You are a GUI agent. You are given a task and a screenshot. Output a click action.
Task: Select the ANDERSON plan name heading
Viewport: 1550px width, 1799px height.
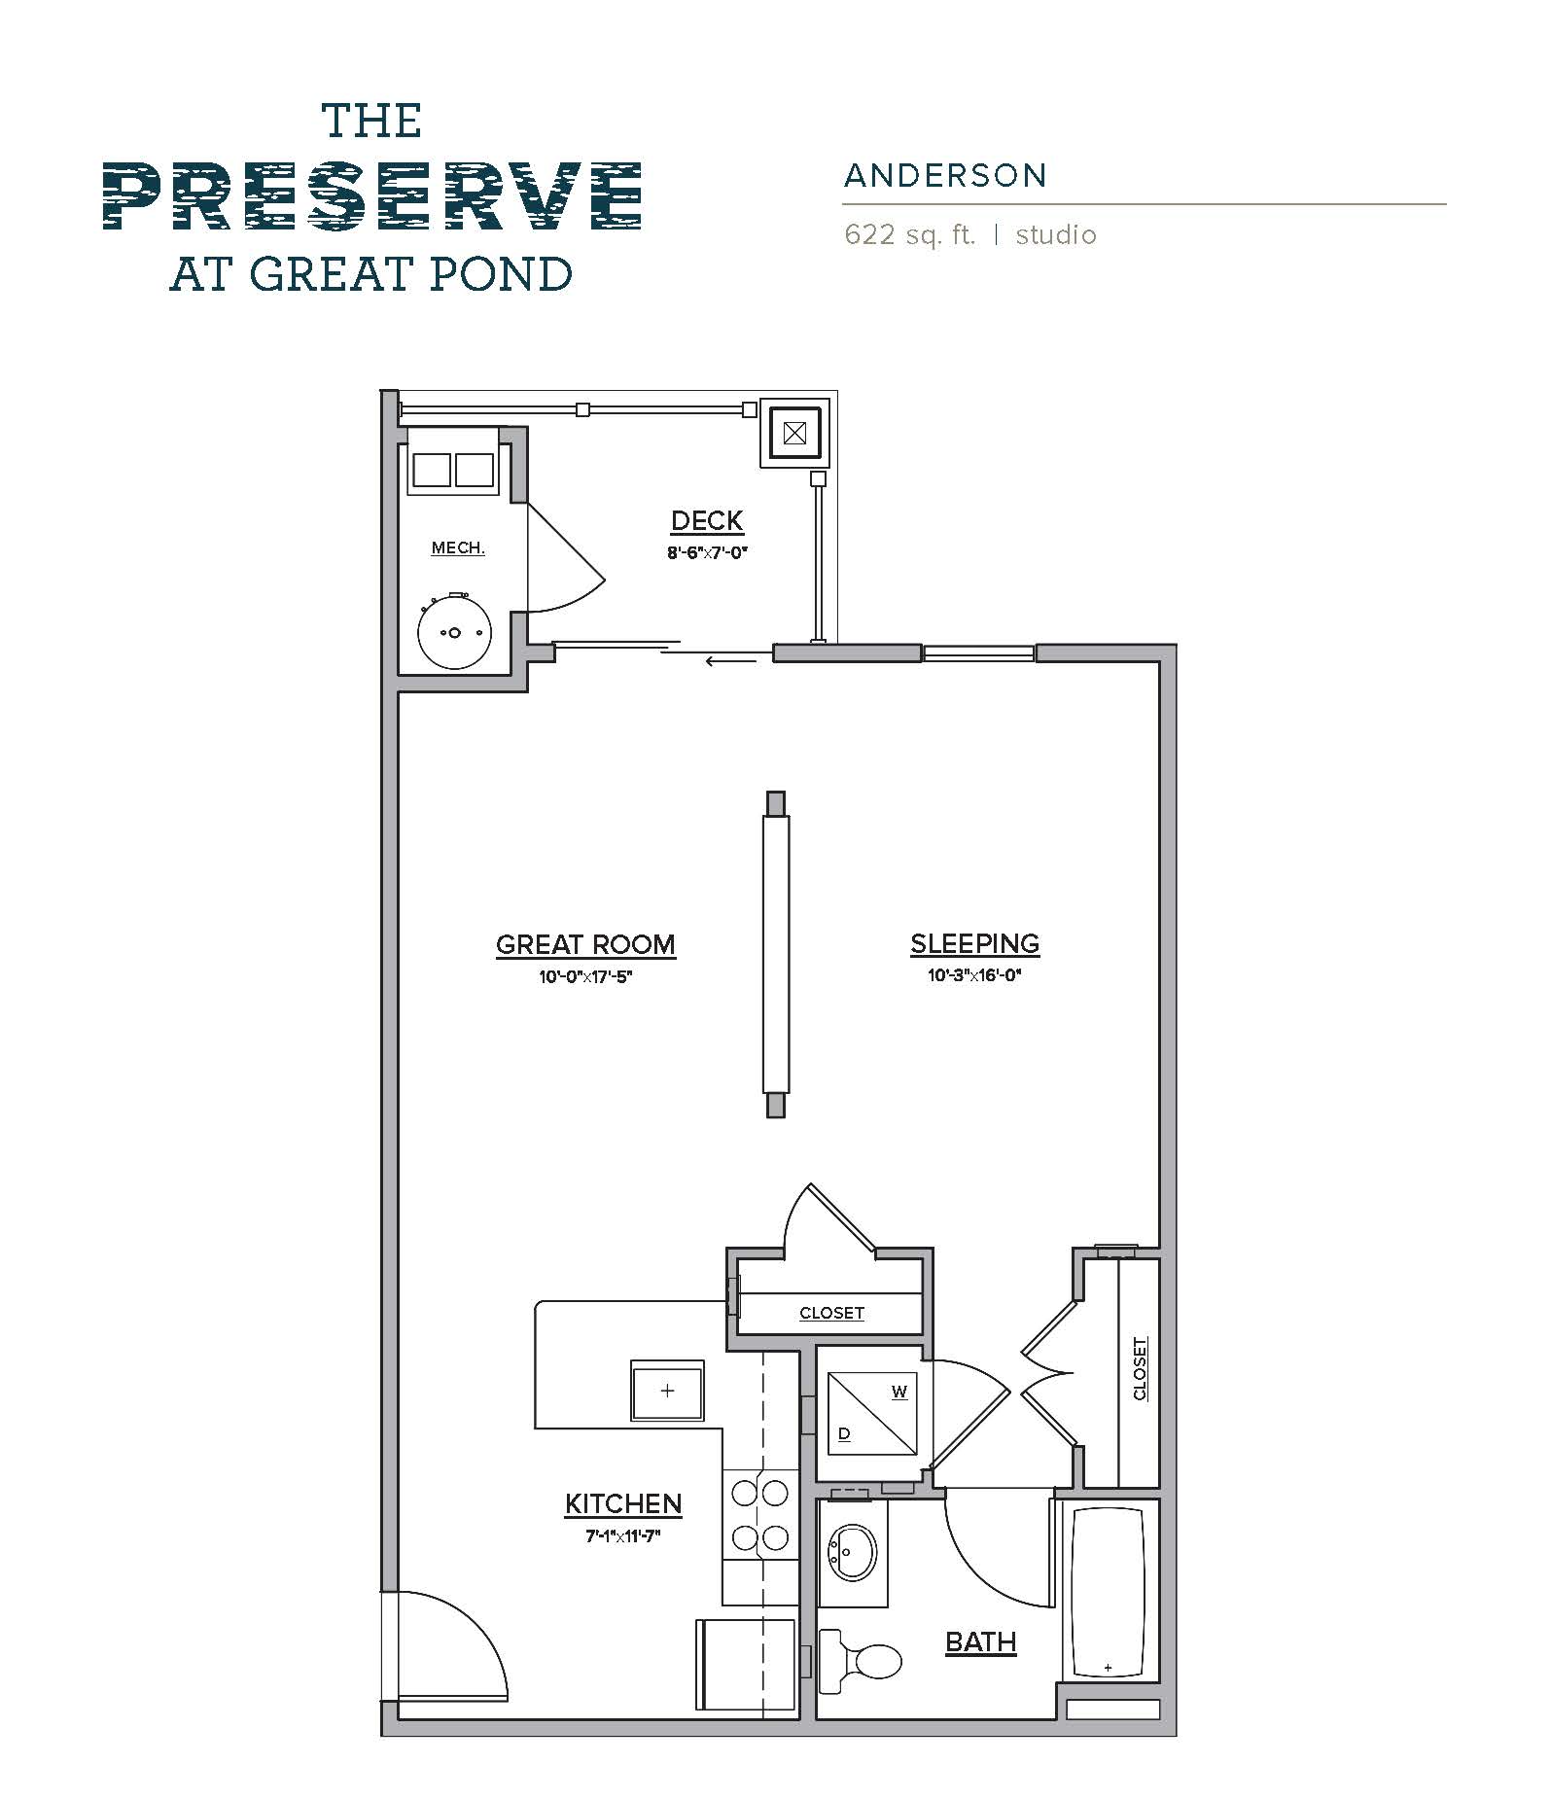[x=945, y=176]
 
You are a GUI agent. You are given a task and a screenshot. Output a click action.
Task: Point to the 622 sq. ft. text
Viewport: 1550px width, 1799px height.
[x=909, y=235]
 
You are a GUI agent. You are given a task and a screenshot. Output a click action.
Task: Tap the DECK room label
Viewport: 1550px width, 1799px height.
[x=707, y=521]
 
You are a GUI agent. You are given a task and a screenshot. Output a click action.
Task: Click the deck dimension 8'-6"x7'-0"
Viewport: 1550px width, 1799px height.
[x=707, y=553]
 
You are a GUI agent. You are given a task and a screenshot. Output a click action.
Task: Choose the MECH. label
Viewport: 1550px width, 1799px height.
[x=458, y=548]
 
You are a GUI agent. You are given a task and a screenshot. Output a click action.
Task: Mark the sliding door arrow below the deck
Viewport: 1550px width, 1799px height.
[x=730, y=662]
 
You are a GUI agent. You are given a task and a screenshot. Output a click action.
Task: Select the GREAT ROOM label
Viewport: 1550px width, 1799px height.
[x=585, y=945]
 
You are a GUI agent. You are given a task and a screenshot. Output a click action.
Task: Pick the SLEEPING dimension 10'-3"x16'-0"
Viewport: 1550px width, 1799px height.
[x=974, y=975]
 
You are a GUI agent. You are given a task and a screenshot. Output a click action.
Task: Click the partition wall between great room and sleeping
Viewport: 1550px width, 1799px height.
[x=775, y=954]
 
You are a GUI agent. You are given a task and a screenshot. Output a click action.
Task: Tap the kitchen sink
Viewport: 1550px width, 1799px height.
[x=667, y=1391]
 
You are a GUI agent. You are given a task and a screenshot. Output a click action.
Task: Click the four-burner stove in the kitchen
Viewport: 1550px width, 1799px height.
[x=760, y=1514]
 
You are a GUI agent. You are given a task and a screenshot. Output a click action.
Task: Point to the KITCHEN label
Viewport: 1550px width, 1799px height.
[x=623, y=1504]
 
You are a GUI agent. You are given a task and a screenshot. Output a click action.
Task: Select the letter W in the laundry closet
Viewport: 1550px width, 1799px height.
[x=899, y=1392]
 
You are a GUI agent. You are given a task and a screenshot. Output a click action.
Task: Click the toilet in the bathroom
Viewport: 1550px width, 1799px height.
[x=863, y=1661]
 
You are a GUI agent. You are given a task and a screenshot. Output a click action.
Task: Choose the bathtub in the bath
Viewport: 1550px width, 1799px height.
[x=1109, y=1592]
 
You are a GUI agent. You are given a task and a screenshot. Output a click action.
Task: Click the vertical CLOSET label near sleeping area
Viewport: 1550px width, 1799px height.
[x=1141, y=1369]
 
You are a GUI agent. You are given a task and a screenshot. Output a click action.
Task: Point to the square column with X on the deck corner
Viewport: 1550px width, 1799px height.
[x=794, y=433]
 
